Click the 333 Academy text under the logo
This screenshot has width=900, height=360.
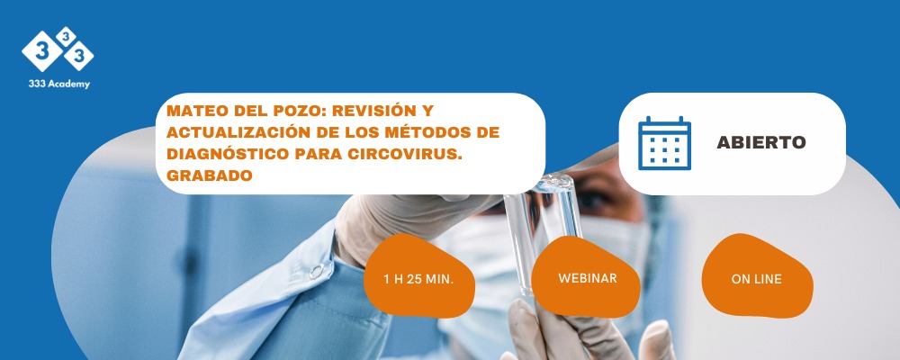click(59, 84)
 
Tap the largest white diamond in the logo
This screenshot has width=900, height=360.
click(42, 51)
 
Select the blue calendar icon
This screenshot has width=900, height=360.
click(665, 143)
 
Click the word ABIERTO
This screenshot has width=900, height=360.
click(761, 142)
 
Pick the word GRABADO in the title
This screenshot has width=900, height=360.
click(210, 175)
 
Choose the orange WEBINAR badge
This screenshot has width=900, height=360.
click(586, 277)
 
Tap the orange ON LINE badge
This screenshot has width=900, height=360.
click(757, 277)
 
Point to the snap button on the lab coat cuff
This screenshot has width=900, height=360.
click(316, 271)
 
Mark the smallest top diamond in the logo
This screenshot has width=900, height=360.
click(66, 37)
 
